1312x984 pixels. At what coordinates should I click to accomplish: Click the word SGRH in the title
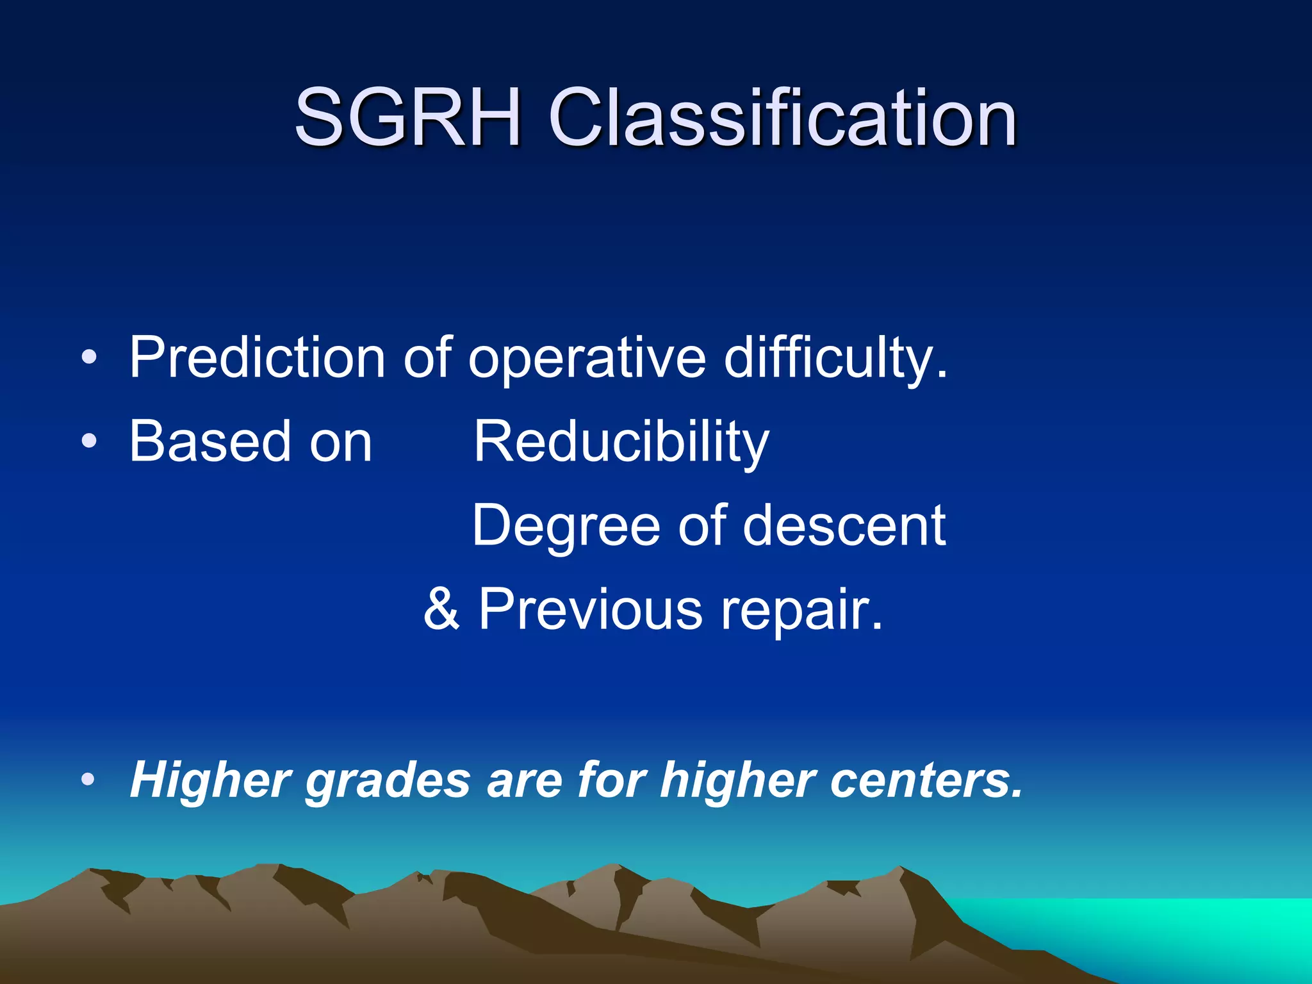[408, 118]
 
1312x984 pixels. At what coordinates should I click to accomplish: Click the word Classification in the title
[782, 118]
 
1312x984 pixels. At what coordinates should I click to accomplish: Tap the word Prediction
[257, 357]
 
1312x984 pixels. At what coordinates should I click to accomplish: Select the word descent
[844, 525]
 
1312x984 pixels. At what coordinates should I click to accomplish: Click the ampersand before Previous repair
[441, 609]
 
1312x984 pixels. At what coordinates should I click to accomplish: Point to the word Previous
[590, 609]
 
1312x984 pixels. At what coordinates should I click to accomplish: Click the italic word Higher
[211, 780]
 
